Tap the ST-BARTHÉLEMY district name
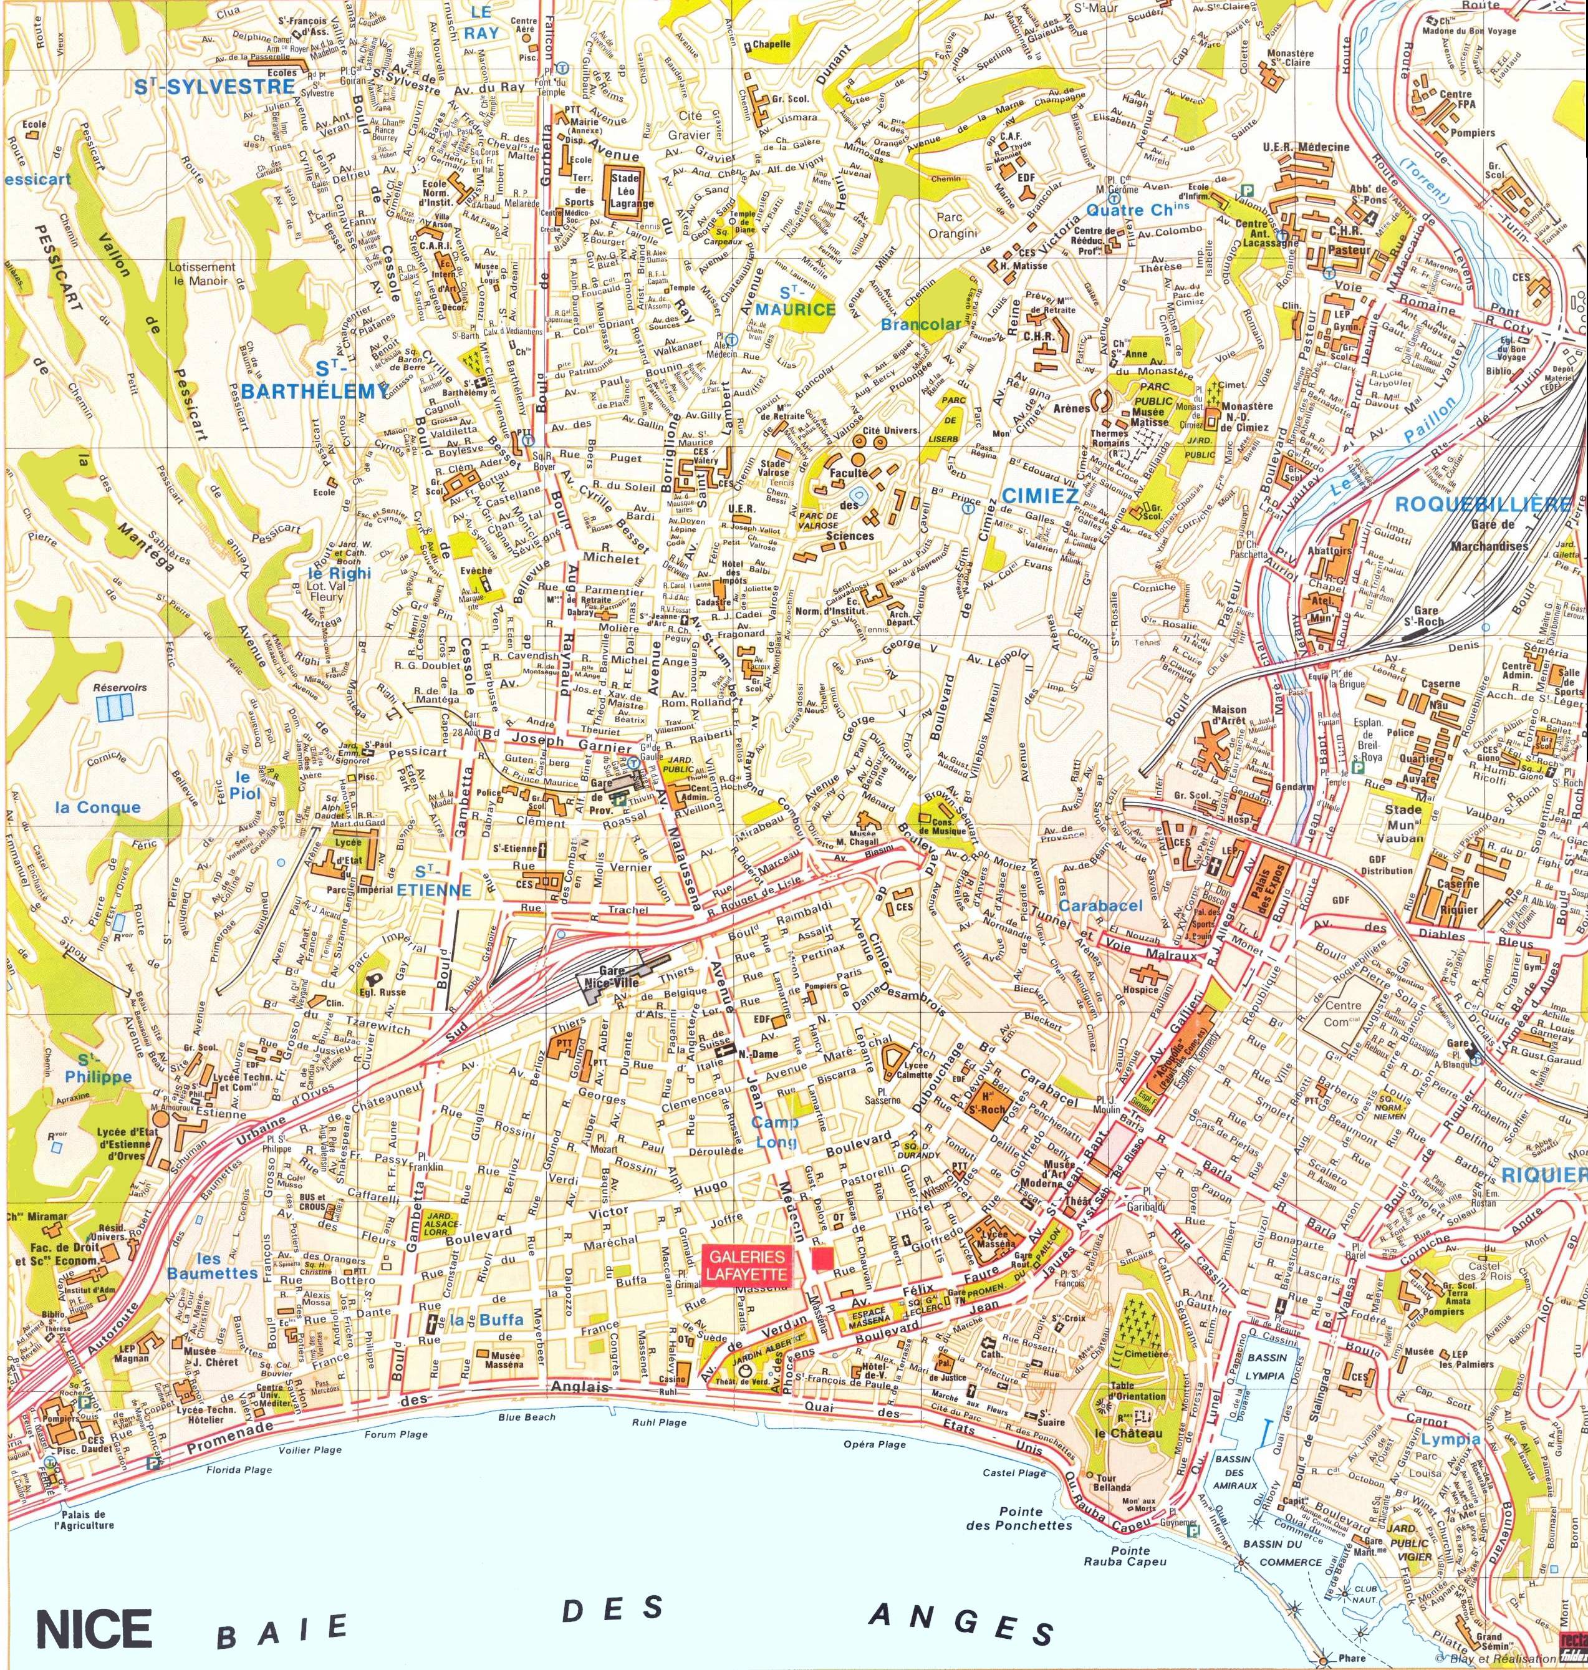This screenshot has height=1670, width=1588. (312, 379)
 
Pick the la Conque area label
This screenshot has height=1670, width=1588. (97, 807)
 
